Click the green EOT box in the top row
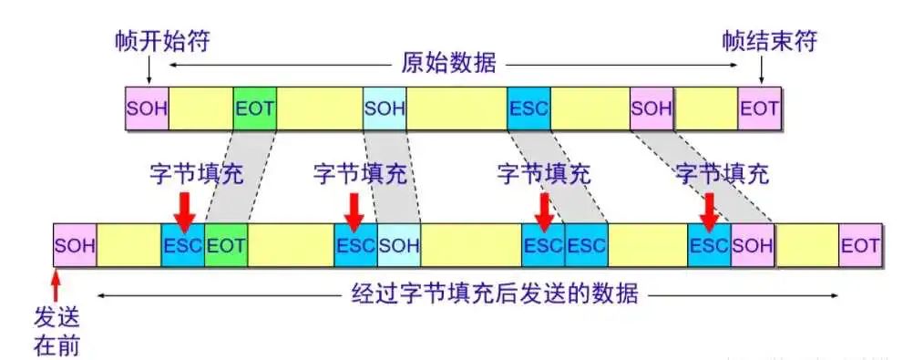pos(254,108)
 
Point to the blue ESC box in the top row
pos(528,108)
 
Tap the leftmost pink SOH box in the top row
pos(147,108)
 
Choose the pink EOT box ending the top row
pos(759,108)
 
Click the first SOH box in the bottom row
pos(75,245)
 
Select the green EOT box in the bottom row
pos(225,245)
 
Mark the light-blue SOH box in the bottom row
pos(398,245)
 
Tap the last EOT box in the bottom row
pos(860,245)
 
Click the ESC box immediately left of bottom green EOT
pos(183,245)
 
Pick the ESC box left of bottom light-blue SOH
pos(355,245)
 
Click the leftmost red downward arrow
pos(184,206)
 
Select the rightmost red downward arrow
pos(708,206)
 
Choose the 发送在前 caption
pos(56,330)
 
